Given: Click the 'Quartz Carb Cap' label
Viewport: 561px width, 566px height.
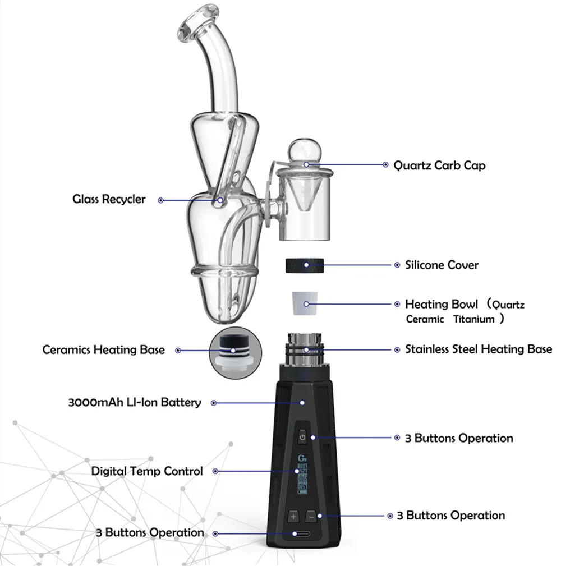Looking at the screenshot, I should click(439, 165).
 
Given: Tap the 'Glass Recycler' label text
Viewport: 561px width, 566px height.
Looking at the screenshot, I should click(109, 199).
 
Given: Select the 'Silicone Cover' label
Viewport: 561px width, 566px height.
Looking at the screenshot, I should click(442, 265).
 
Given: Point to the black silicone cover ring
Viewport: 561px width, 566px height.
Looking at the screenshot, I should click(307, 265).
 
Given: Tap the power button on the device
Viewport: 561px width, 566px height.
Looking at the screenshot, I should click(302, 437).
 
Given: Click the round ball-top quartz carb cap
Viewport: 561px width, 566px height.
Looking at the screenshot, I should click(306, 155).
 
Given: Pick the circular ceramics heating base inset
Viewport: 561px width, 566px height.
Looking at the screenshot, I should click(235, 351).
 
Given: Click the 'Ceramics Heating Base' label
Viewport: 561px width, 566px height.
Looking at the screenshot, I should click(104, 350).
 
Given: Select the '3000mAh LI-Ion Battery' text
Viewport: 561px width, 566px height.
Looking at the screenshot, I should click(134, 402).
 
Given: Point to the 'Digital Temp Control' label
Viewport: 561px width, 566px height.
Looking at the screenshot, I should click(147, 471).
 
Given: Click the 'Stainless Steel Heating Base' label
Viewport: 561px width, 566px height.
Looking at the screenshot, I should click(479, 349).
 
